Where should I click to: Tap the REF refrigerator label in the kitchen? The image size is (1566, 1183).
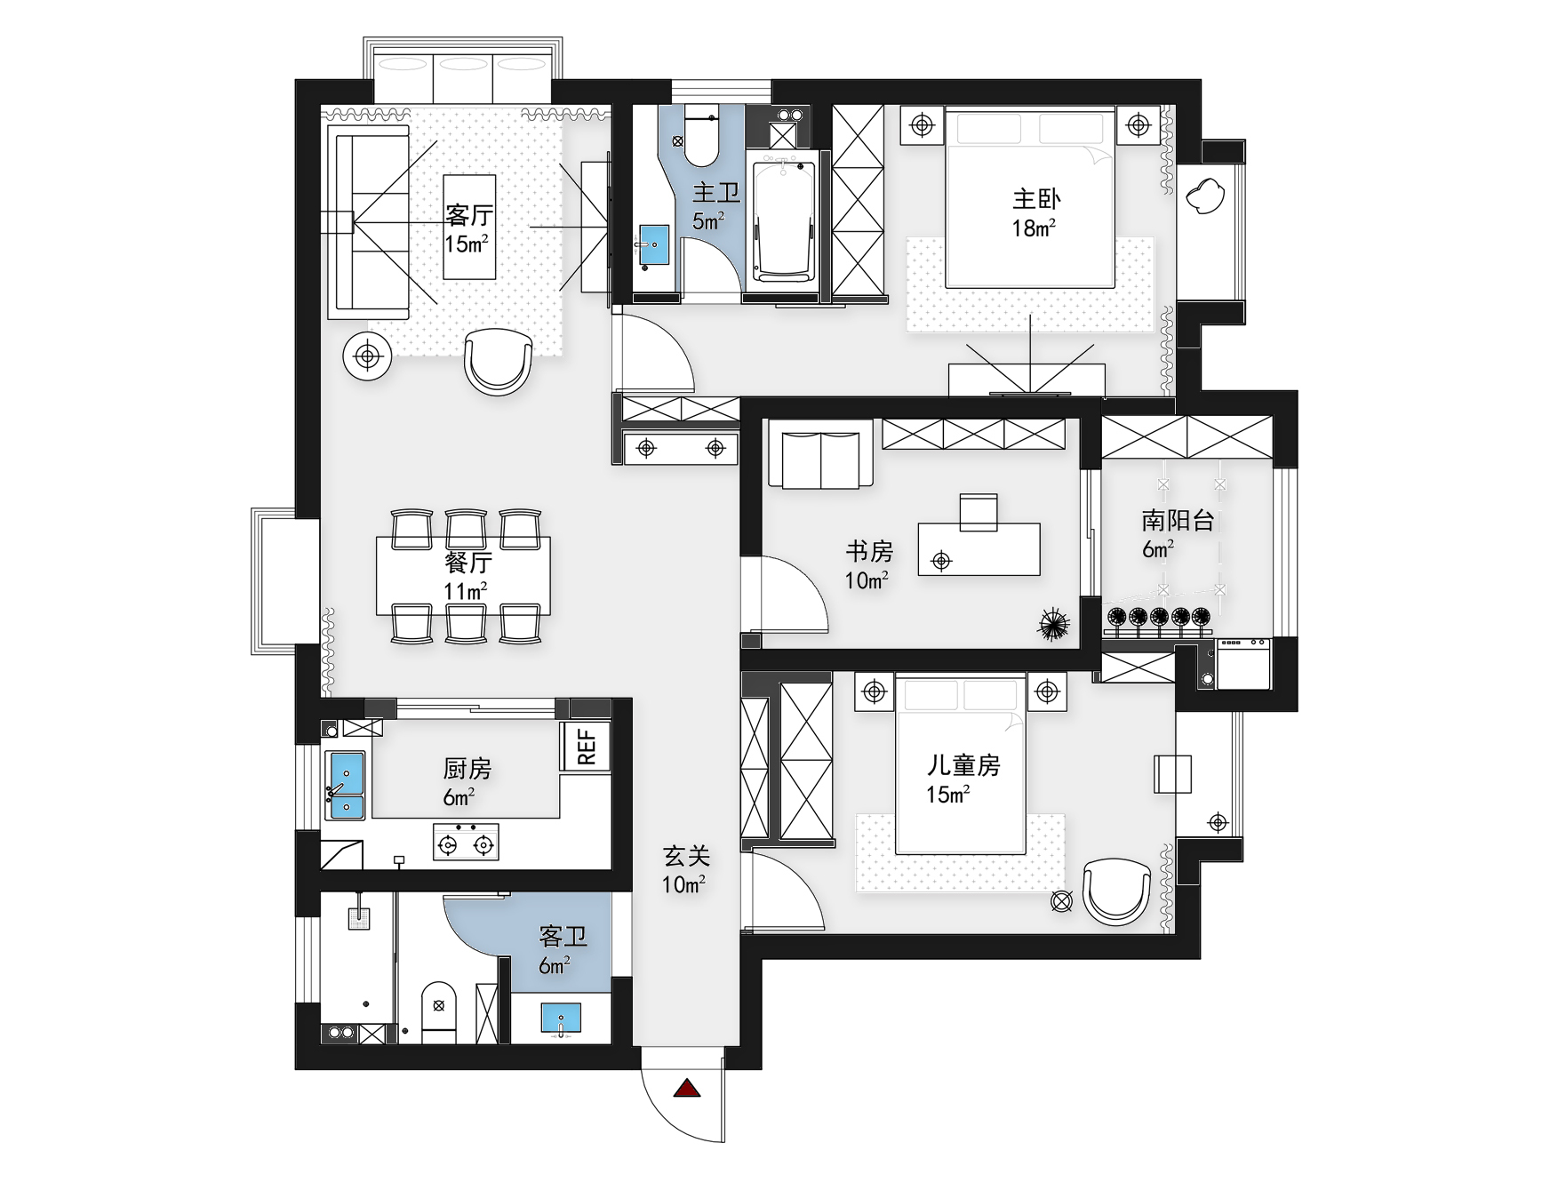tap(587, 747)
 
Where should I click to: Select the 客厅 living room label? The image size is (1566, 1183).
tap(469, 216)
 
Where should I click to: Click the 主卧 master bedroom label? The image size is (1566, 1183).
tap(1036, 199)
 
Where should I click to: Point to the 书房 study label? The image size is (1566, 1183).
tap(869, 552)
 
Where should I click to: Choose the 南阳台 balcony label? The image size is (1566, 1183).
tap(1178, 521)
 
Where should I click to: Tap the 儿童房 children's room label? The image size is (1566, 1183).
tap(963, 765)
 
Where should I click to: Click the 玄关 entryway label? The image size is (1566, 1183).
tap(686, 856)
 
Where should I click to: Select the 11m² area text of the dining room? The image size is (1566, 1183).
tap(466, 591)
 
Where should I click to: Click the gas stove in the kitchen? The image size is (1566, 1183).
tap(466, 843)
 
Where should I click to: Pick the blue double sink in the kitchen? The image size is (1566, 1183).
tap(346, 785)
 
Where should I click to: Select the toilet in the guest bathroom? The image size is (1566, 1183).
tap(438, 1012)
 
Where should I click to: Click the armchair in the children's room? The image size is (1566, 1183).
tap(1117, 891)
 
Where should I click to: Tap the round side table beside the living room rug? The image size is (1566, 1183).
tap(367, 356)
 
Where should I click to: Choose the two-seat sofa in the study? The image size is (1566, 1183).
tap(820, 460)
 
